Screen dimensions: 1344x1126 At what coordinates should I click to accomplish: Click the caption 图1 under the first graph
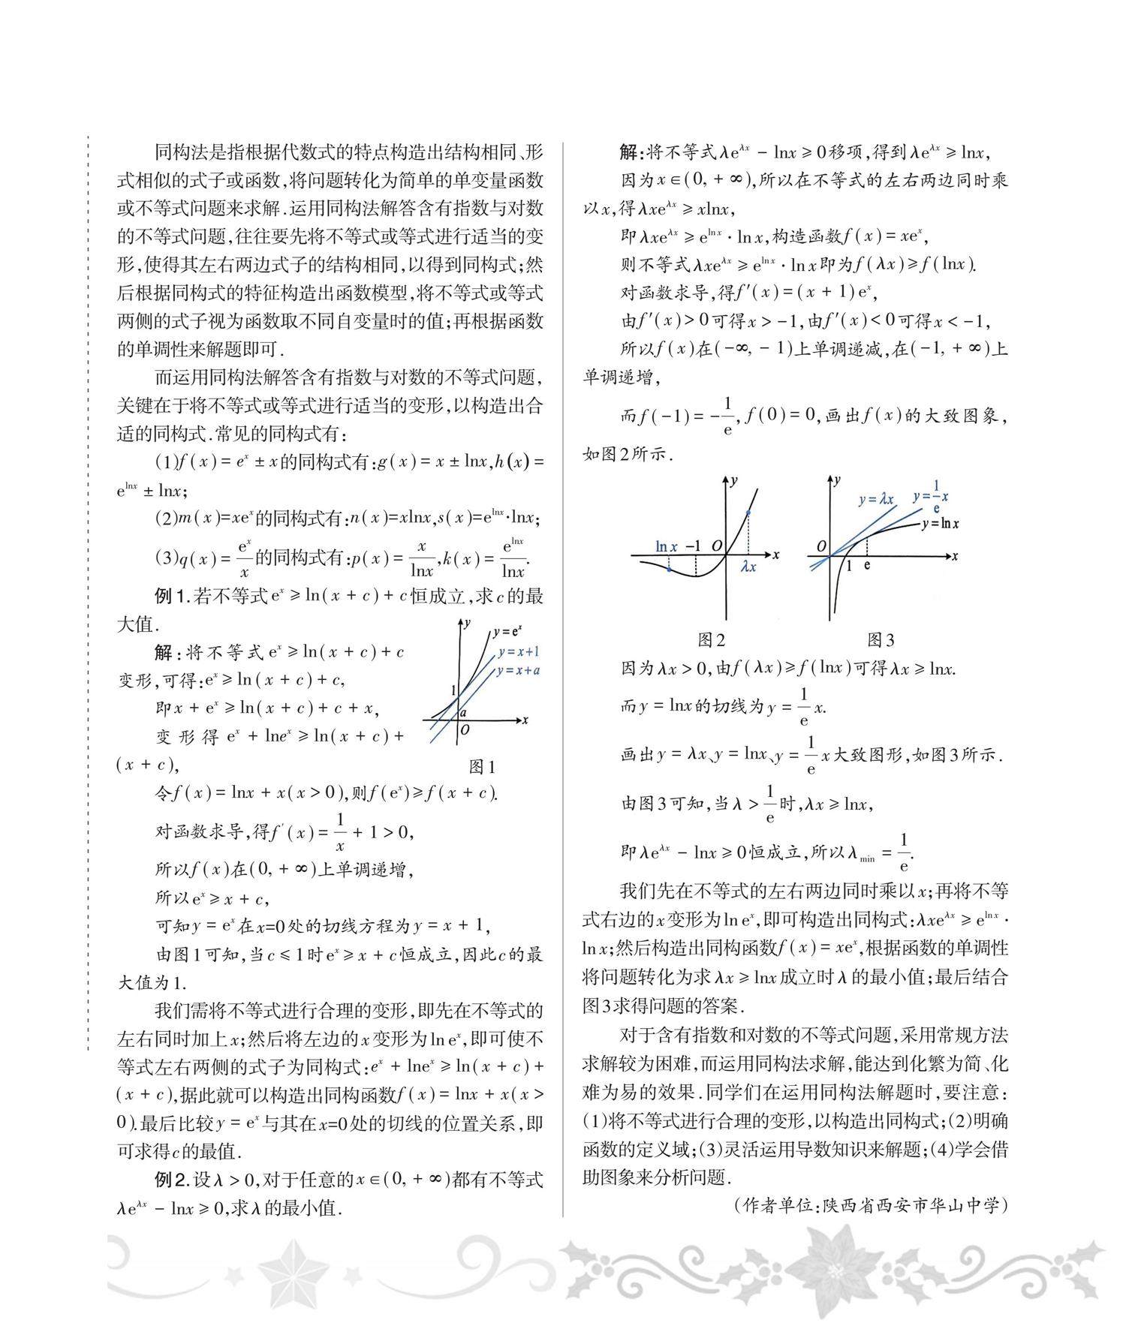(482, 766)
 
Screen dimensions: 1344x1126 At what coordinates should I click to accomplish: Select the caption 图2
(711, 639)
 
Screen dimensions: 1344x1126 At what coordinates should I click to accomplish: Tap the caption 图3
(881, 639)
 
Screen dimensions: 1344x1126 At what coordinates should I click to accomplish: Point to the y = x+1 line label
(518, 651)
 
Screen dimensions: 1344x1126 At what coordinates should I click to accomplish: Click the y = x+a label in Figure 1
(518, 670)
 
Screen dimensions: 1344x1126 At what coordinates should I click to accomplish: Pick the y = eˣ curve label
(507, 632)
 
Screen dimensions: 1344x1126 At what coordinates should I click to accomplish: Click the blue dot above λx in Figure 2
(748, 513)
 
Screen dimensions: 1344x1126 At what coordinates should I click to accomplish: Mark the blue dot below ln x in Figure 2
(668, 570)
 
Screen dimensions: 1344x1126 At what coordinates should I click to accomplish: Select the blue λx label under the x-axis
(748, 567)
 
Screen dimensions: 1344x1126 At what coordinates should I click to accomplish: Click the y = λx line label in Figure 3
(876, 499)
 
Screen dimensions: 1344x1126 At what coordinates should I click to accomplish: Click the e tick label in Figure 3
(867, 565)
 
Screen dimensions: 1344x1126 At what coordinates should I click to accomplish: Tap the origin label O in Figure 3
(821, 546)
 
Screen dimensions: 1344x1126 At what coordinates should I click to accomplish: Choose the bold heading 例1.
(172, 597)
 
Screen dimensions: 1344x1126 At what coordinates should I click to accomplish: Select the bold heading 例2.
(172, 1180)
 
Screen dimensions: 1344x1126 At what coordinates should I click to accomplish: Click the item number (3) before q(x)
(165, 558)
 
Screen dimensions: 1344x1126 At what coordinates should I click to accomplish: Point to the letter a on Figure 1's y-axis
(463, 712)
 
